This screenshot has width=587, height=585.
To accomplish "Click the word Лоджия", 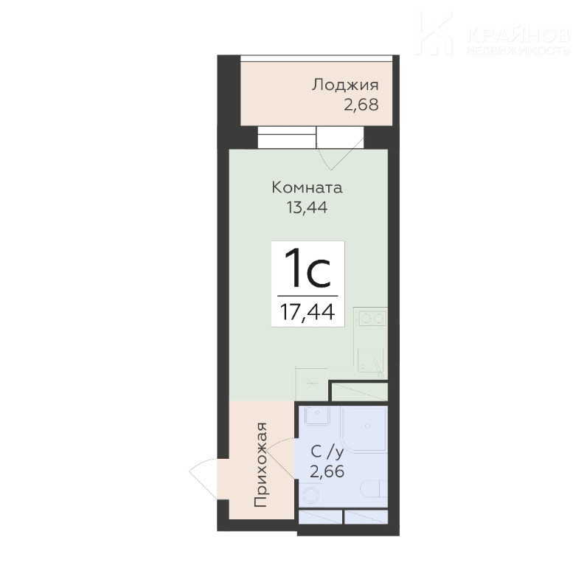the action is pyautogui.click(x=345, y=86).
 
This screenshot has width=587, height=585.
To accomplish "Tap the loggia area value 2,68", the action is pyautogui.click(x=361, y=105).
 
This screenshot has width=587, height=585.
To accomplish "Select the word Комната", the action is pyautogui.click(x=307, y=187).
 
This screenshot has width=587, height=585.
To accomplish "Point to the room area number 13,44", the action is pyautogui.click(x=307, y=207).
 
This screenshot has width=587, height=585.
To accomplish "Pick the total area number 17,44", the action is pyautogui.click(x=308, y=312).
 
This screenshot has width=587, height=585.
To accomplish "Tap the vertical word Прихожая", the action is pyautogui.click(x=261, y=465).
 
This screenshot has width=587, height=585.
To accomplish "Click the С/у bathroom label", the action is pyautogui.click(x=327, y=453).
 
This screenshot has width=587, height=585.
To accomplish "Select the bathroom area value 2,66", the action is pyautogui.click(x=327, y=471).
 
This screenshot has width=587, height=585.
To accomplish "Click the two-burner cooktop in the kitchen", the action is pyautogui.click(x=371, y=319).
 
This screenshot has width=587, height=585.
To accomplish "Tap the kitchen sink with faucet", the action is pyautogui.click(x=371, y=361).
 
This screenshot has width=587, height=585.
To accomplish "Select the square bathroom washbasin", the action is pyautogui.click(x=317, y=416).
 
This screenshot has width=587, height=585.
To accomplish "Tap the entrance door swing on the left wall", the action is pyautogui.click(x=203, y=478).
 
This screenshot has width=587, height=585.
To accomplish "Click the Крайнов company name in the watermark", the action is pyautogui.click(x=518, y=35).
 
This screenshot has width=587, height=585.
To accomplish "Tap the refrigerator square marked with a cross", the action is pyautogui.click(x=312, y=384).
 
